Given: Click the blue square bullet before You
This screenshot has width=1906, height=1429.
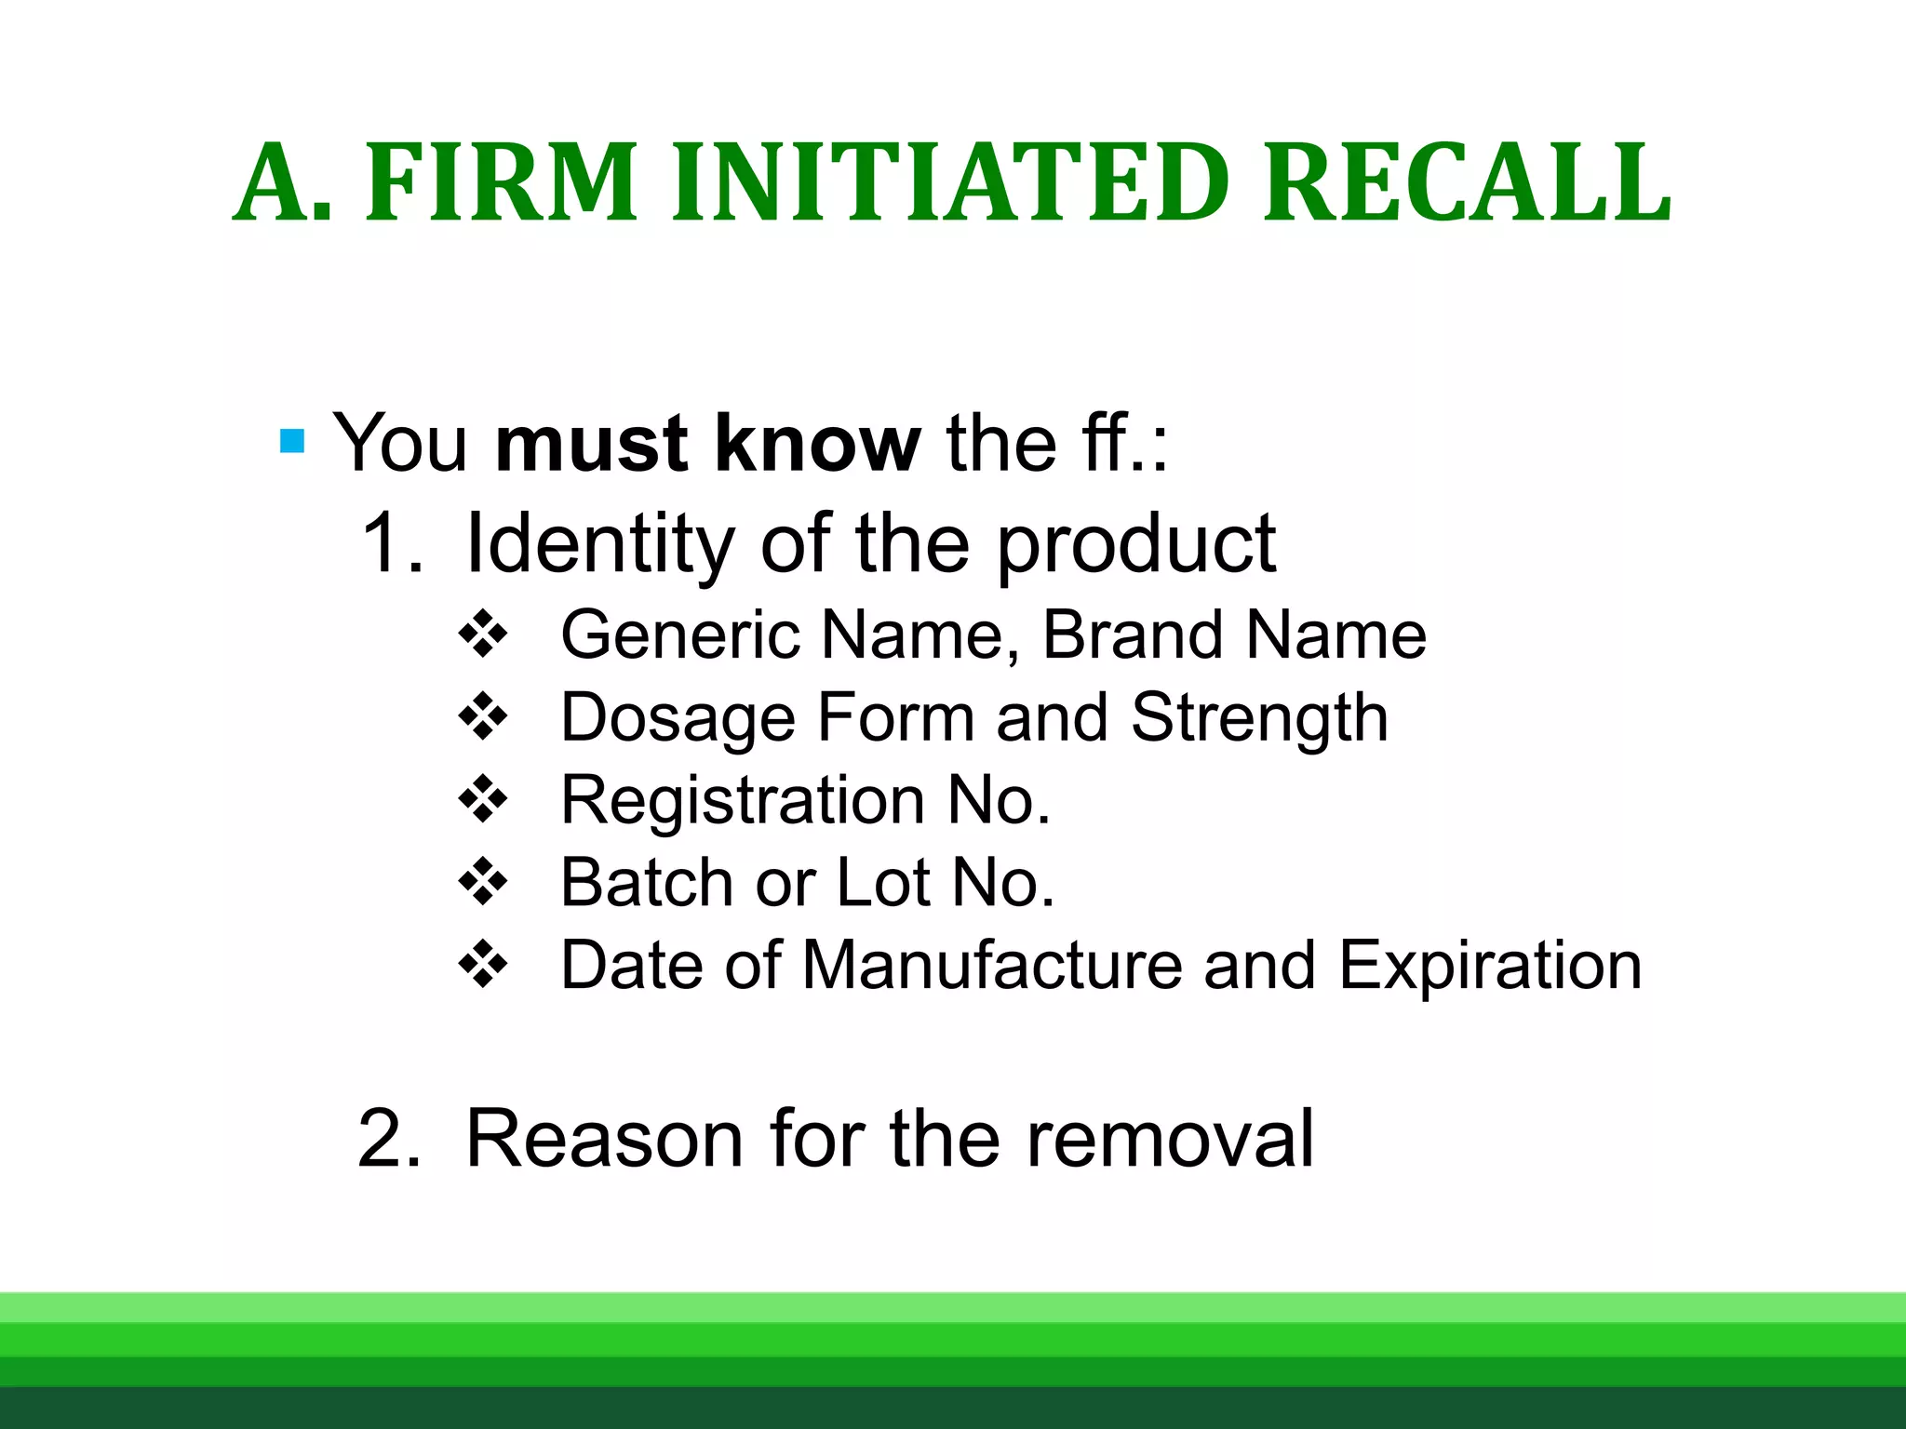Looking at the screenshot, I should [x=292, y=441].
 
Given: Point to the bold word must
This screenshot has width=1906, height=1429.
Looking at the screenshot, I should [x=592, y=444].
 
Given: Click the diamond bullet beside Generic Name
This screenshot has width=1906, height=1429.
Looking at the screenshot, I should [x=484, y=635].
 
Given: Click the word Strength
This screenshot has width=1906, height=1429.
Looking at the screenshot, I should [x=1260, y=718].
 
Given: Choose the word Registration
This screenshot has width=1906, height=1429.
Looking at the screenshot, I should [x=743, y=800].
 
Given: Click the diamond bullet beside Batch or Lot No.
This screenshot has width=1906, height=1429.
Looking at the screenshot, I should [x=484, y=881].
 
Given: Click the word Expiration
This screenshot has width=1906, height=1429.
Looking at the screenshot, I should [x=1490, y=965].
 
